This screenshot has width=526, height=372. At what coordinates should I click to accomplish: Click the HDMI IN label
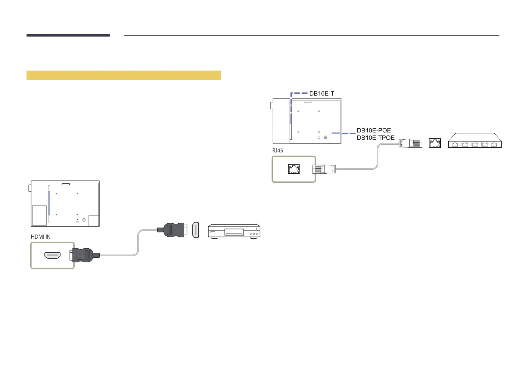tap(41, 237)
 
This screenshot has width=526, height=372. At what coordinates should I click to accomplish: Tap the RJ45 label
tap(277, 151)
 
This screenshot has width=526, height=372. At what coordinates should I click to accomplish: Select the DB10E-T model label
tap(322, 93)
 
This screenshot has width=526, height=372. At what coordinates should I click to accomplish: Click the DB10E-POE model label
tap(374, 131)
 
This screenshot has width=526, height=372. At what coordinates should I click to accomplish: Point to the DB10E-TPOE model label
tap(376, 138)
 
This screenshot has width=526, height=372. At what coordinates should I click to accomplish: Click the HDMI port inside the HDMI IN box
tap(52, 255)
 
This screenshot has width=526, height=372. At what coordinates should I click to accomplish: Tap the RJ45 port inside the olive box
tap(294, 169)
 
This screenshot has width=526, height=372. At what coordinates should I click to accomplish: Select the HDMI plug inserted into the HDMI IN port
tap(84, 255)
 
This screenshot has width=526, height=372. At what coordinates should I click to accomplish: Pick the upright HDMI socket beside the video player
tap(196, 230)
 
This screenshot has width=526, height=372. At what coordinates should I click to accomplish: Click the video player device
tap(234, 231)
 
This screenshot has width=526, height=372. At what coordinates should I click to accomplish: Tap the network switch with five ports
tap(474, 141)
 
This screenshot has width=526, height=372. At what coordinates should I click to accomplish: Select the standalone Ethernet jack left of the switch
tap(435, 143)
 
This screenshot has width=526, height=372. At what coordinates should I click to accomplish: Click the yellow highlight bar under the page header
tap(124, 75)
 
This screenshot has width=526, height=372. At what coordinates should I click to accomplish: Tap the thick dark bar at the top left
tap(68, 35)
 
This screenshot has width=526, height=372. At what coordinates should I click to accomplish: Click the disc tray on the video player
tap(234, 232)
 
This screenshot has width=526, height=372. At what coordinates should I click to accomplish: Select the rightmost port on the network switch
tap(494, 144)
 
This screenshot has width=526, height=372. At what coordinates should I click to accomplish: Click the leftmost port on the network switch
tap(455, 144)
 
